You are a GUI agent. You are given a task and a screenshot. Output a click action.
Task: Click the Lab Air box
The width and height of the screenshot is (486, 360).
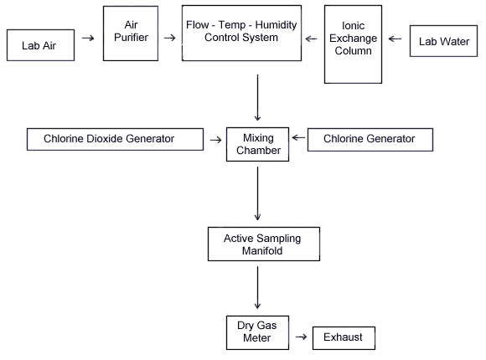[40, 45]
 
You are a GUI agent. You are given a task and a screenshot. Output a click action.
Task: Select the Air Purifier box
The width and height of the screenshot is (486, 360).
[131, 33]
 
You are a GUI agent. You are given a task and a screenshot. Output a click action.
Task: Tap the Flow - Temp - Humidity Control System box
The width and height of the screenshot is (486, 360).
[241, 33]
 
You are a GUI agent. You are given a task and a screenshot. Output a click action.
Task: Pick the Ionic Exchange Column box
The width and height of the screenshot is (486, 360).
[353, 44]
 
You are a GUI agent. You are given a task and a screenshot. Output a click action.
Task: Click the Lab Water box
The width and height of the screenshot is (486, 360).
[443, 41]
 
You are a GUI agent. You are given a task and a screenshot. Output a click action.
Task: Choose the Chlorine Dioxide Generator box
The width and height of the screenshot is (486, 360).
[115, 140]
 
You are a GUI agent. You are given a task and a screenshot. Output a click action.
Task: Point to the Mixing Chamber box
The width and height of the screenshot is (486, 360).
[257, 144]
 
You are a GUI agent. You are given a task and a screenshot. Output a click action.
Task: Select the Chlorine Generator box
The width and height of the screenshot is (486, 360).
[370, 140]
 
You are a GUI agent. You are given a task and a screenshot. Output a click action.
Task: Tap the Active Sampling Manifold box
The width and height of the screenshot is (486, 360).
[264, 244]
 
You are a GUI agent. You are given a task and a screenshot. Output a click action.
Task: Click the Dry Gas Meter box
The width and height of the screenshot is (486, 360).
[257, 332]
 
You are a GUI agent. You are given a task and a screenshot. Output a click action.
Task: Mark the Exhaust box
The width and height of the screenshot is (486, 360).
[344, 338]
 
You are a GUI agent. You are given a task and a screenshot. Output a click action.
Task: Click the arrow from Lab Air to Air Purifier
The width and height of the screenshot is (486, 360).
[88, 39]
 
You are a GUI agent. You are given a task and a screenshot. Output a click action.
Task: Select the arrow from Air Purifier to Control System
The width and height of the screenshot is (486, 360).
[169, 38]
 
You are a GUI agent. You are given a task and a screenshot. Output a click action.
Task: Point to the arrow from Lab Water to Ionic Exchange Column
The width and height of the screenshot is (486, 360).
[395, 39]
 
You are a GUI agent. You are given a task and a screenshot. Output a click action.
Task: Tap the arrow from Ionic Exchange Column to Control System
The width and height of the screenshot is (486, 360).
[311, 39]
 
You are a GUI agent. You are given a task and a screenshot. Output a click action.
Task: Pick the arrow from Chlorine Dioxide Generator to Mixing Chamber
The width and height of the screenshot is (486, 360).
[215, 140]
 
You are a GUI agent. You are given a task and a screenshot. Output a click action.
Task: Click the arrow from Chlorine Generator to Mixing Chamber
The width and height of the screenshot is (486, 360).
[298, 137]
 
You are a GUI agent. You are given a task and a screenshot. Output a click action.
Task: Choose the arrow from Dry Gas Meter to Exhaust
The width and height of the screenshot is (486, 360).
[302, 337]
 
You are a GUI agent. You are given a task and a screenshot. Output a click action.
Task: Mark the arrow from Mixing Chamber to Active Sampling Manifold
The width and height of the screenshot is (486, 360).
[257, 193]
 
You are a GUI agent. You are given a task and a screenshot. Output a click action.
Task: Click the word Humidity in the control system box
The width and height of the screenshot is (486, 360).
[276, 25]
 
